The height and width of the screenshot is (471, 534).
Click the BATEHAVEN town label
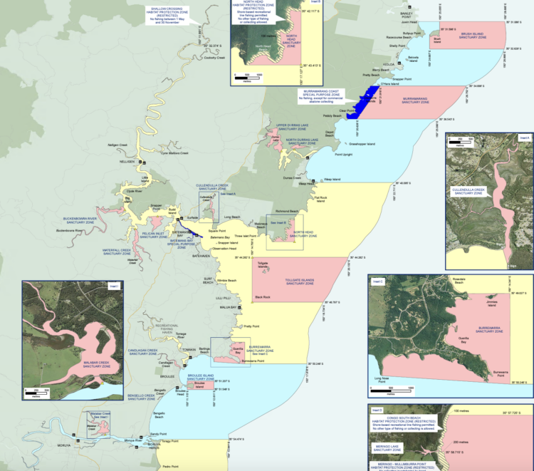tap(200, 256)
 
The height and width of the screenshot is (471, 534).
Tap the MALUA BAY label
tap(230, 307)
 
